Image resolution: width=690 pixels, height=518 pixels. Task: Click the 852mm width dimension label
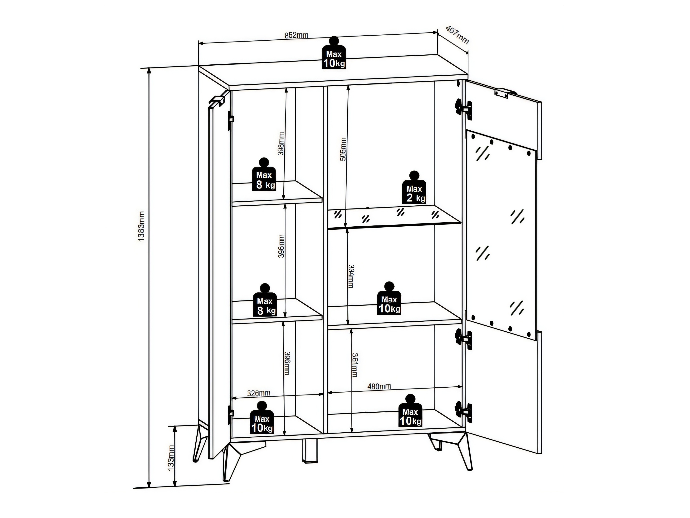(x=296, y=35)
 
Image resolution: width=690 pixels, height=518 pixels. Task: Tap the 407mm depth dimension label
(x=457, y=34)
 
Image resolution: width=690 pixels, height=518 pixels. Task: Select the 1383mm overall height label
(x=141, y=226)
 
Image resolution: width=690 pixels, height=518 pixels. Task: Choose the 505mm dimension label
(x=343, y=149)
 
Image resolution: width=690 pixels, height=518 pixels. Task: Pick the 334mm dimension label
(x=351, y=276)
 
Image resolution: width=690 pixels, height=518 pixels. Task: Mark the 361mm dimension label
(x=355, y=365)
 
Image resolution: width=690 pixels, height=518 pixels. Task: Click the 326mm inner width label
(x=259, y=393)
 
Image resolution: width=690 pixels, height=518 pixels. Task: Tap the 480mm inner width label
(x=379, y=386)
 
